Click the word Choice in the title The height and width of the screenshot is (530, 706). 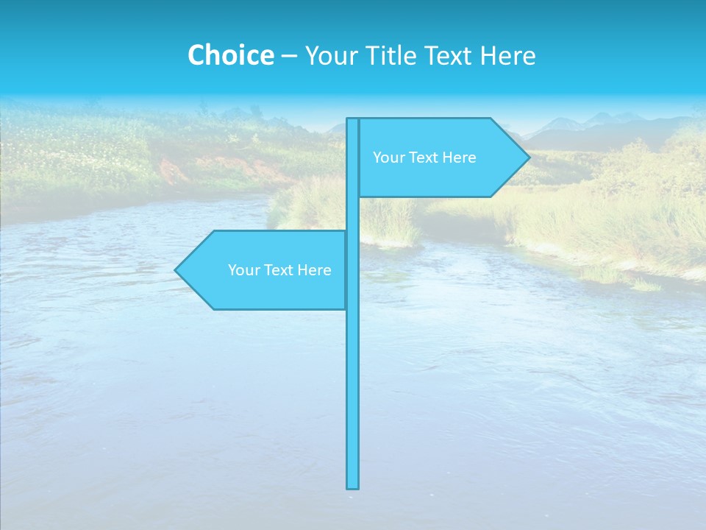pos(230,55)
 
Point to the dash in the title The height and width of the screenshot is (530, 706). pos(289,56)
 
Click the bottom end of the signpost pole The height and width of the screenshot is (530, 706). pos(353,486)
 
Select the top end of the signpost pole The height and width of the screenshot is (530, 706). pos(353,120)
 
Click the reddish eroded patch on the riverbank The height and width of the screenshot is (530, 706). pos(175,172)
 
